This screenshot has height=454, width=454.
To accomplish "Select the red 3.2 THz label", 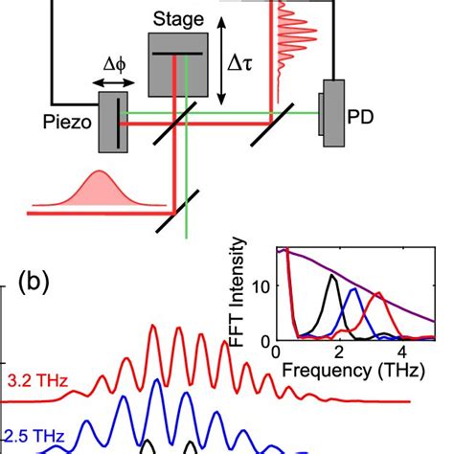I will click(35, 381).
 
